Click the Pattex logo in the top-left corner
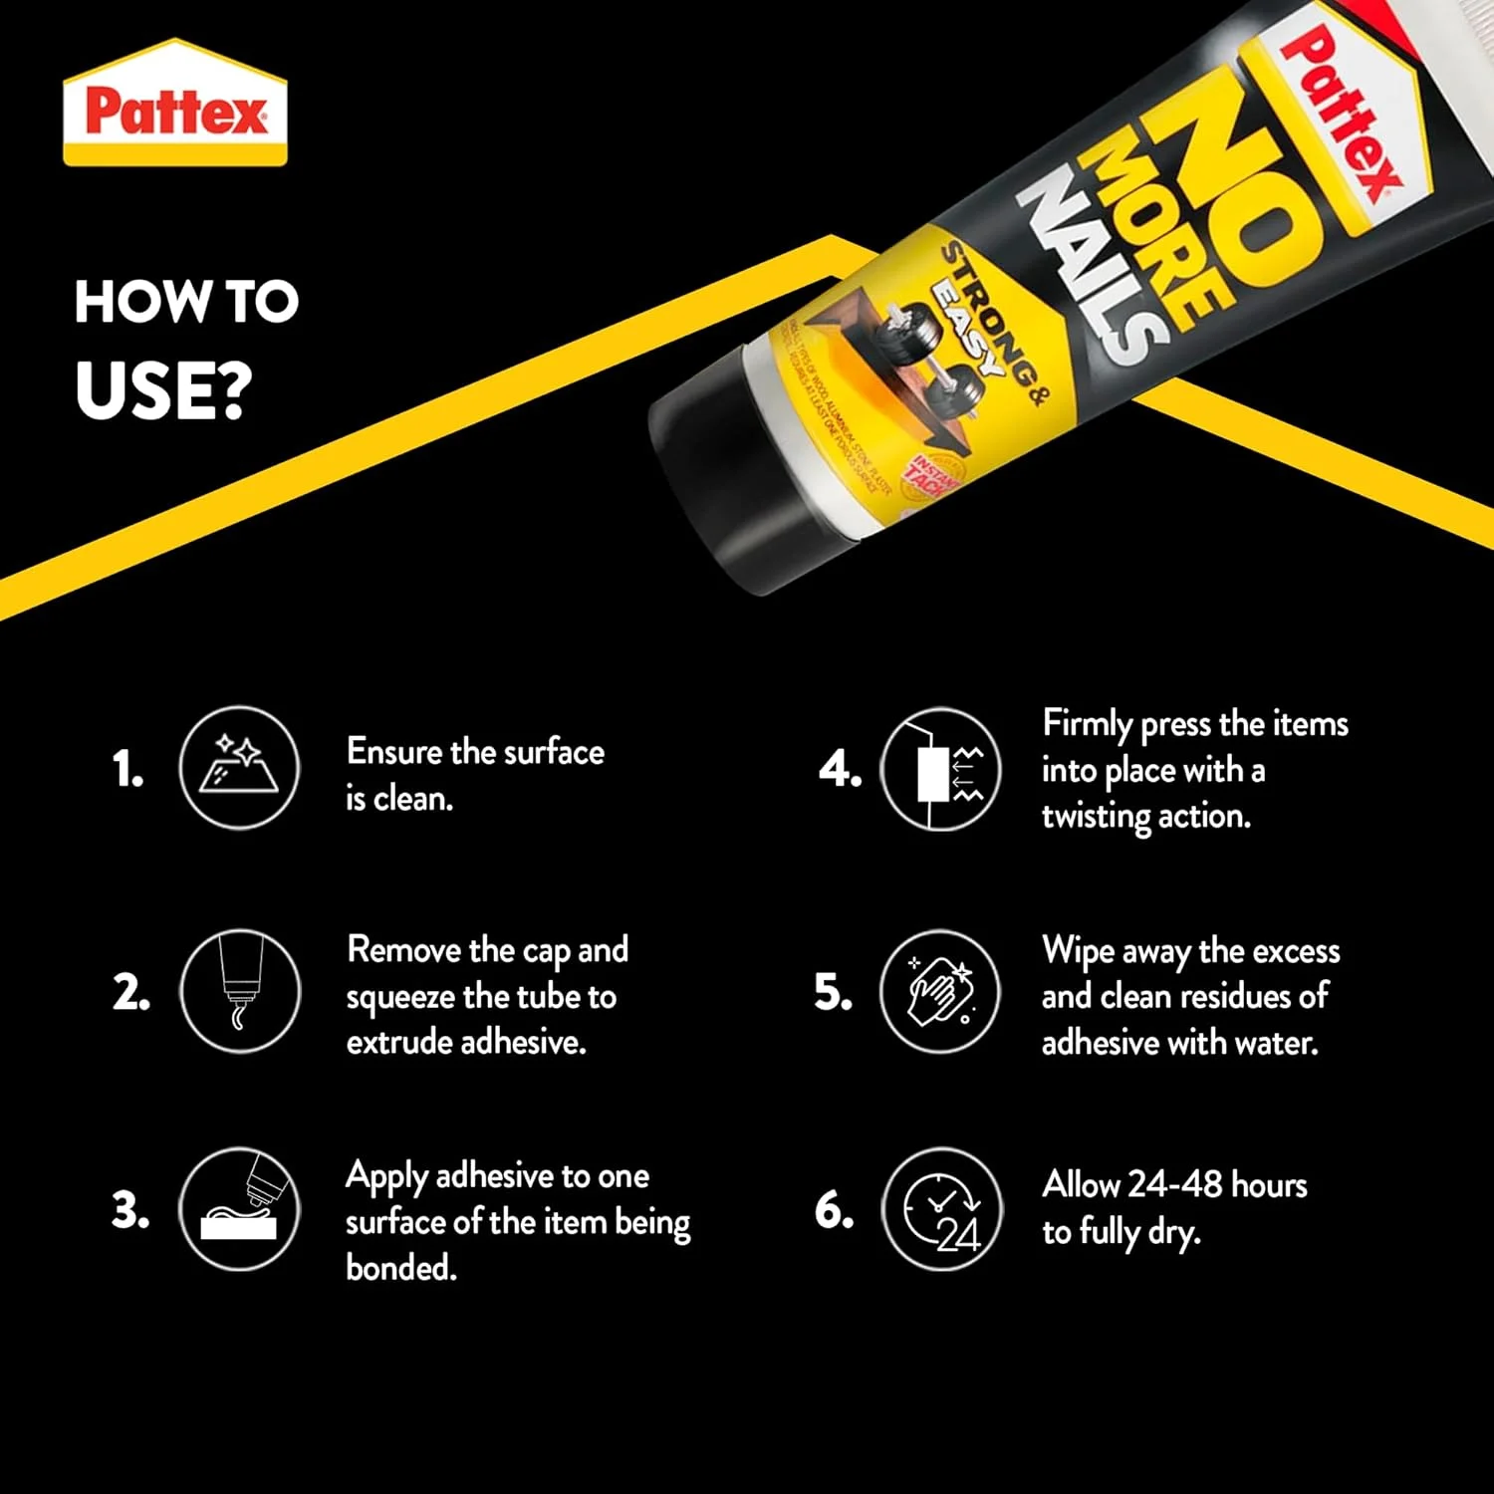[x=175, y=106]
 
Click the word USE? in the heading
[x=163, y=390]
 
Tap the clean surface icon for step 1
[x=239, y=768]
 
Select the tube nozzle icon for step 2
[x=239, y=991]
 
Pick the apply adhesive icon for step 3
[x=239, y=1209]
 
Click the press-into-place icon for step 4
[x=941, y=768]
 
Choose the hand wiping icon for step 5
[x=941, y=991]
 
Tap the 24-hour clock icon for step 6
[x=941, y=1209]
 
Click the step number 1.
[x=127, y=770]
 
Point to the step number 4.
[x=839, y=770]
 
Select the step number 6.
[x=834, y=1211]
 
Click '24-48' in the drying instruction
[x=1175, y=1184]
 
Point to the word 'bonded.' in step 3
[x=401, y=1268]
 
